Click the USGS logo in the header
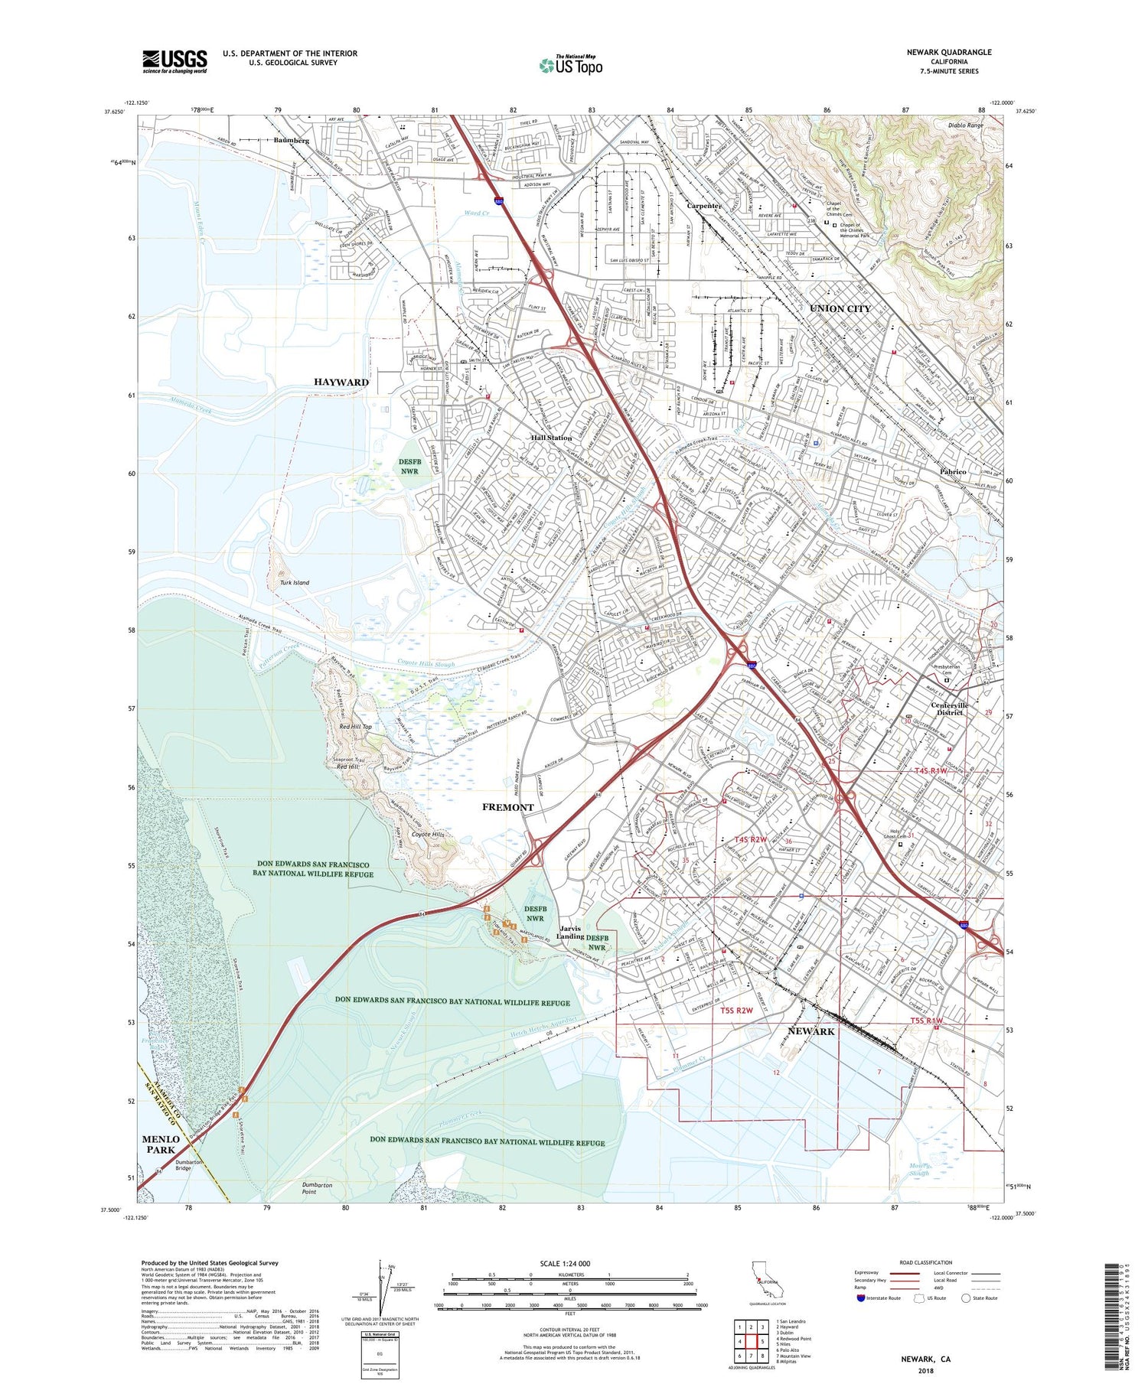click(x=174, y=61)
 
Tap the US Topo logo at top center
click(x=570, y=65)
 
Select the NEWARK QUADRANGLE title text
click(x=949, y=52)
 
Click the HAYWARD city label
click(x=341, y=382)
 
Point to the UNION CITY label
click(x=840, y=308)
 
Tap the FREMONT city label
click(x=507, y=807)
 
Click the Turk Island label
click(x=295, y=582)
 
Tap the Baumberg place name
click(x=292, y=141)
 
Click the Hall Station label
click(x=552, y=438)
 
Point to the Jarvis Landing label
click(x=570, y=933)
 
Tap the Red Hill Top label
click(x=355, y=726)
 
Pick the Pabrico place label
click(x=956, y=472)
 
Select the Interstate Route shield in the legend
click(x=863, y=1297)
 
